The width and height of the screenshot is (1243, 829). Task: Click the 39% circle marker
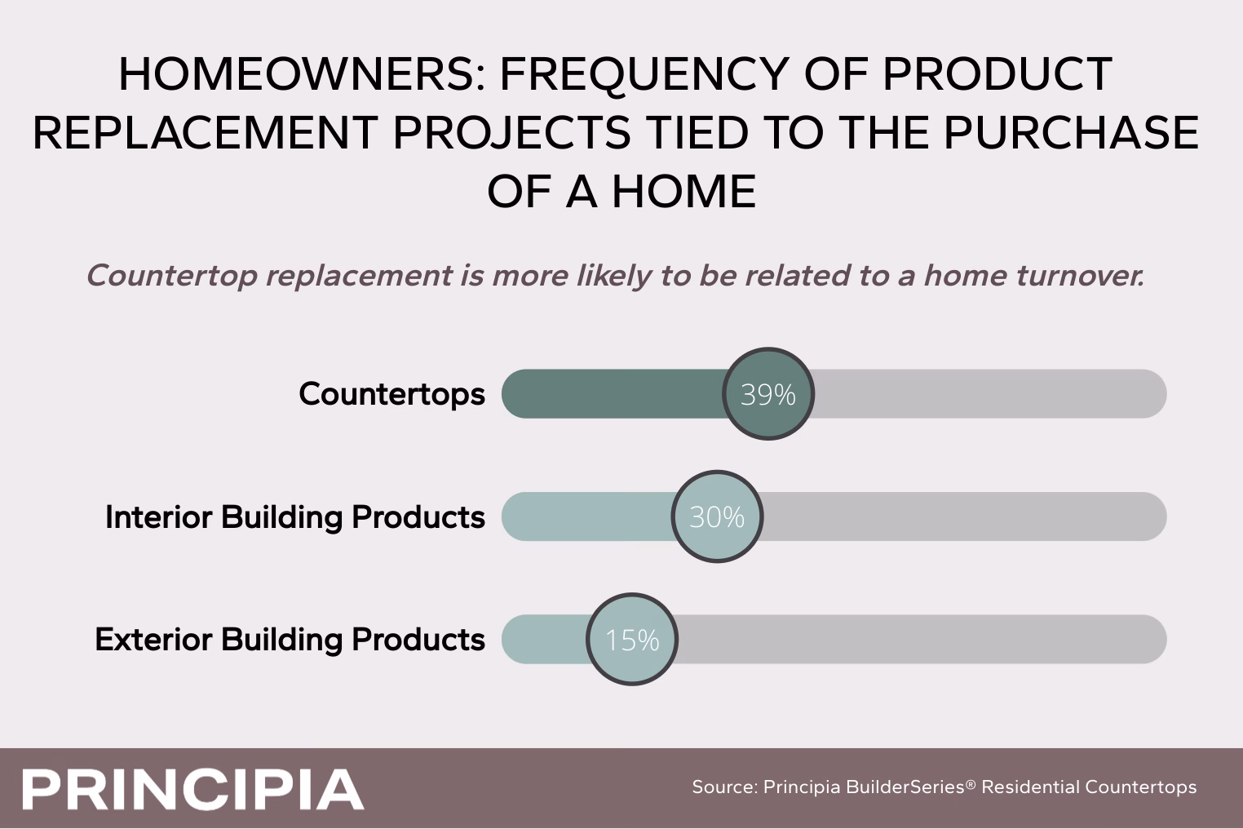[768, 393]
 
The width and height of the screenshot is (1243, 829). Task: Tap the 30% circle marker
[717, 516]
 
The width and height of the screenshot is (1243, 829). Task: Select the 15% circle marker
[632, 639]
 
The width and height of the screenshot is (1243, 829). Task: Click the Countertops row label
[391, 393]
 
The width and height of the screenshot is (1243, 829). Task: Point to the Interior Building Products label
[295, 517]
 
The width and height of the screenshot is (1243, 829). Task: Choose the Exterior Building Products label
[290, 639]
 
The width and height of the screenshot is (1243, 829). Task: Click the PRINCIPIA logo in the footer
[193, 790]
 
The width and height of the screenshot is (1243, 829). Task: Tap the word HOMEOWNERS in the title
[303, 74]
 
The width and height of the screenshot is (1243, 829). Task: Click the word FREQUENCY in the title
[644, 76]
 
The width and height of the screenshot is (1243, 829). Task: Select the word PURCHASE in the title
[1071, 133]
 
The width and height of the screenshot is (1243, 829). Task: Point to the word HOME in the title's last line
[683, 191]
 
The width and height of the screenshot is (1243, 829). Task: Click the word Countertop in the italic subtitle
[172, 277]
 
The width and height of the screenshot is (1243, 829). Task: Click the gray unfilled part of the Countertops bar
[990, 393]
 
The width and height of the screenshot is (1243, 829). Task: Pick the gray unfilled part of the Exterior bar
[922, 639]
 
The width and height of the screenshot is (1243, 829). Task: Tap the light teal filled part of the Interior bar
[586, 516]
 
